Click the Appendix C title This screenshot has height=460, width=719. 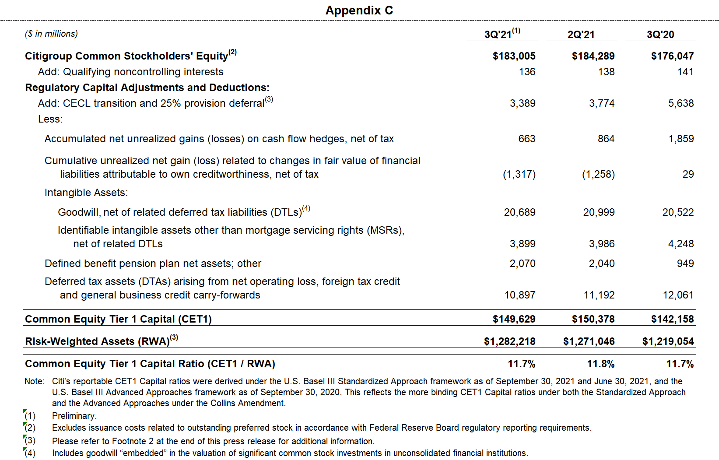[x=359, y=10]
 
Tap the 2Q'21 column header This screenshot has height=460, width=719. [x=581, y=35]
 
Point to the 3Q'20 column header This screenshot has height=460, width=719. [x=660, y=35]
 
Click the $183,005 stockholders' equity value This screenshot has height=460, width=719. [x=514, y=56]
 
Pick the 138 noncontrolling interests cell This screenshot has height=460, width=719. [x=606, y=72]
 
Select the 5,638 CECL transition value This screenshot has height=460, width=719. [x=680, y=103]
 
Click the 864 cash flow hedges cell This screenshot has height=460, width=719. [x=606, y=139]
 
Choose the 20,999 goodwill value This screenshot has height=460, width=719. [x=599, y=212]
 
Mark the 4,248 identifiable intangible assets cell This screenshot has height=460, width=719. [x=680, y=244]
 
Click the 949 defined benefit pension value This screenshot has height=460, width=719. [x=685, y=263]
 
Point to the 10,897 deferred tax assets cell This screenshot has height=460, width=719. [x=519, y=295]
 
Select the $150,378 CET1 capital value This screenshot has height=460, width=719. [x=593, y=319]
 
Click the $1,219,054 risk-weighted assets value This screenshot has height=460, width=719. [x=668, y=341]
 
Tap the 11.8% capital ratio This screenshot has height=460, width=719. [x=600, y=364]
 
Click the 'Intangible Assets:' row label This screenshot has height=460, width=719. [x=86, y=193]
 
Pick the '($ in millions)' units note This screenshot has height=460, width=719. [x=51, y=34]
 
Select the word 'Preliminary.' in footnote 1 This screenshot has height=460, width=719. [x=74, y=416]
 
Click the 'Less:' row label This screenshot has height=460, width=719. [x=50, y=119]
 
